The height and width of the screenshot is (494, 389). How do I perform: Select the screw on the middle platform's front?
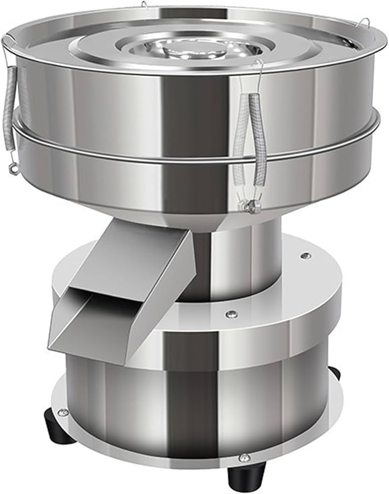point(230,314)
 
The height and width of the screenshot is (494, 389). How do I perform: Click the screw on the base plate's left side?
point(63,412)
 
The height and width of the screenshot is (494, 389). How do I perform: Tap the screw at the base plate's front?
point(243,457)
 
